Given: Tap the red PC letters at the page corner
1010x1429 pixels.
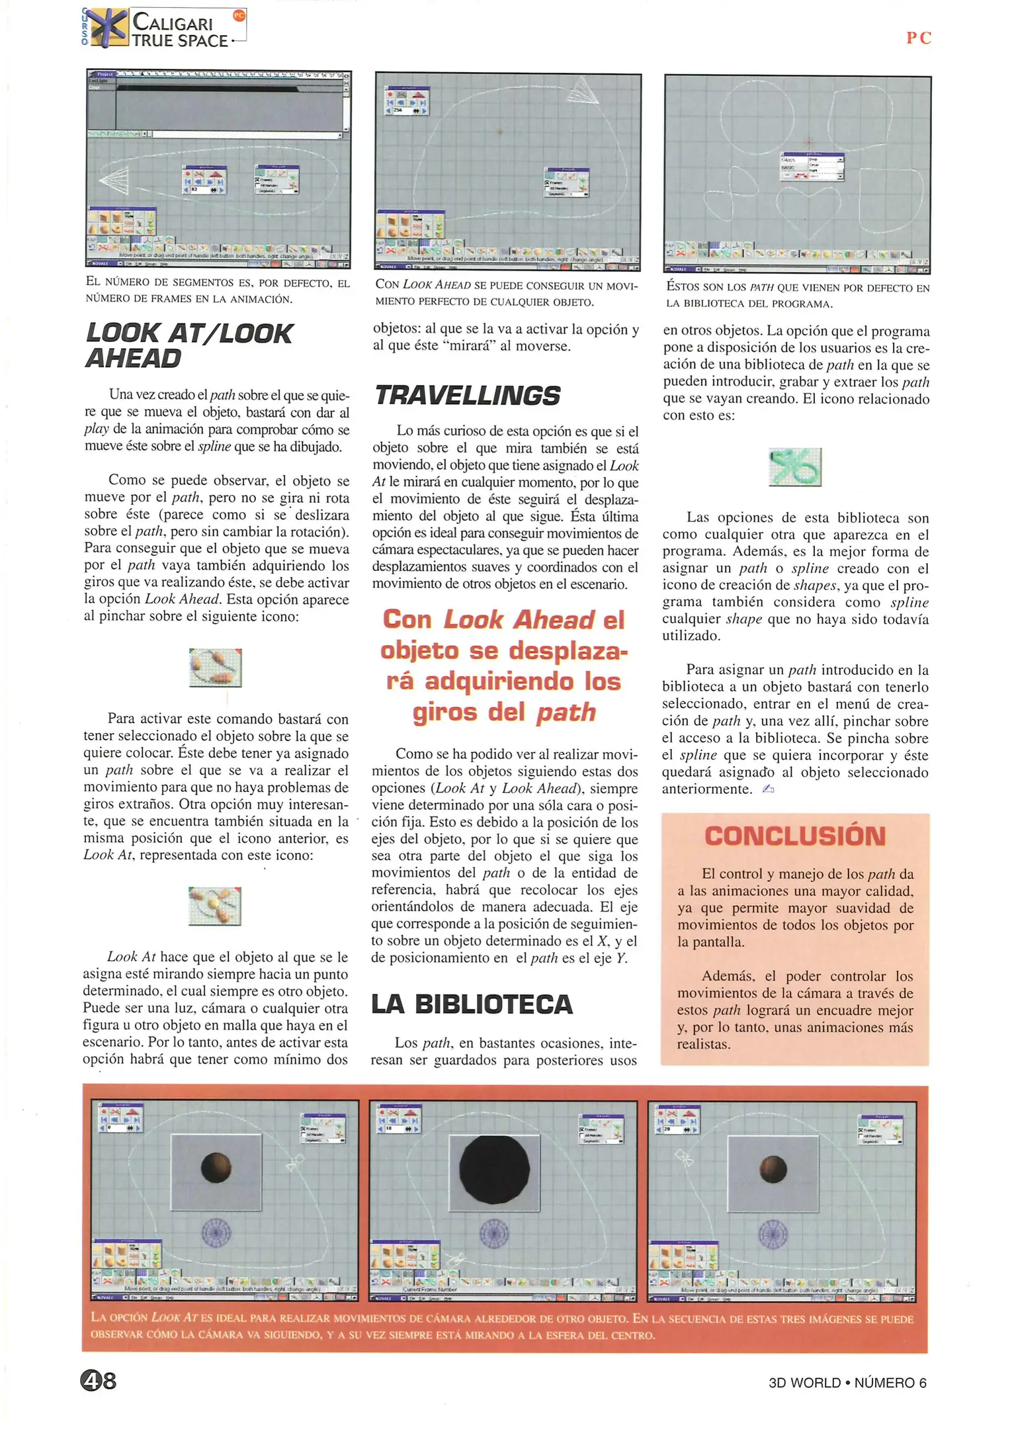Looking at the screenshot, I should [x=918, y=38].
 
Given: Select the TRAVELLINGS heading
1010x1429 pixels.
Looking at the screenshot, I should [x=467, y=396].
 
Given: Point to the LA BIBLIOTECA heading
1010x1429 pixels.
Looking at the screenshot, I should [x=472, y=1004].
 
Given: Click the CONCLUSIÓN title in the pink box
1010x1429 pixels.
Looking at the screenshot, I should [x=794, y=836].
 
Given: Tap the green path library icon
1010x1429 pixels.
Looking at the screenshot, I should [x=794, y=467].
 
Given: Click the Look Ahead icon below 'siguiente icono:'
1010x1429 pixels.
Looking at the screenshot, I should [x=215, y=668].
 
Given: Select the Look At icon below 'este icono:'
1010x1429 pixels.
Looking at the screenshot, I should [x=214, y=906].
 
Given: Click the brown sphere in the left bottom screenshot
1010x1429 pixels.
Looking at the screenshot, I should [x=216, y=1167].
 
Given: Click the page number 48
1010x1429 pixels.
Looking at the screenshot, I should [x=99, y=1380].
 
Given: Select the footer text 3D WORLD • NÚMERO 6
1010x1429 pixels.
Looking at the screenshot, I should [x=847, y=1382].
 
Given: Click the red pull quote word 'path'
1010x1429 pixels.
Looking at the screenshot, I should [x=566, y=713].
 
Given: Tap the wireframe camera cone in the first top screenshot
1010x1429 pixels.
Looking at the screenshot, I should [x=115, y=181].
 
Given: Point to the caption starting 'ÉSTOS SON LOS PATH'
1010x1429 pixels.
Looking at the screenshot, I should [x=797, y=295].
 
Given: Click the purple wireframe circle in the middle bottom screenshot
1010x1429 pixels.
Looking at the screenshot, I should [x=493, y=1234].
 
